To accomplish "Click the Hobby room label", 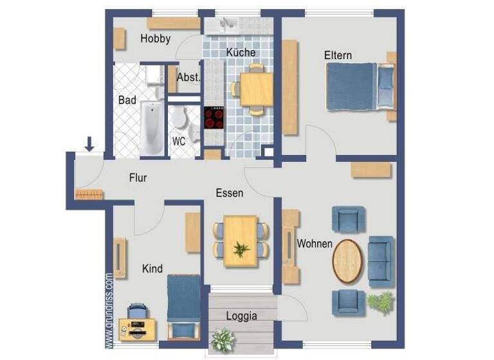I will [155, 39].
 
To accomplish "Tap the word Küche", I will [241, 53].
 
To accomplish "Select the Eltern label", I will [338, 55].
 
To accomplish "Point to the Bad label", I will [127, 100].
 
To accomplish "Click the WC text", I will [178, 141].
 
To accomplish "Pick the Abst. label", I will [188, 77].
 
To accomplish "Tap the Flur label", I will [138, 178].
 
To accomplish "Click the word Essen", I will [229, 192].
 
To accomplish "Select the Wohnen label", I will [315, 244].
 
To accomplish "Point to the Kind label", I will [152, 269].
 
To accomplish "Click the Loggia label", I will [241, 316].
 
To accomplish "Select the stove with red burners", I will [214, 118].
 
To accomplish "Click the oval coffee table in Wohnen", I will [347, 260].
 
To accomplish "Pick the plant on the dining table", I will [241, 249].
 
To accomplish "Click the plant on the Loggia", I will [223, 339].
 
